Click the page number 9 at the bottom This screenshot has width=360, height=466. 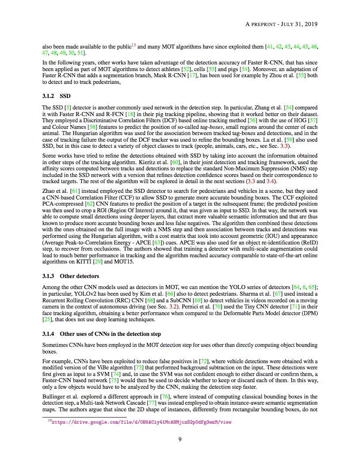(x=180, y=439)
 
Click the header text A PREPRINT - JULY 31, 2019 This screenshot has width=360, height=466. (x=281, y=24)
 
